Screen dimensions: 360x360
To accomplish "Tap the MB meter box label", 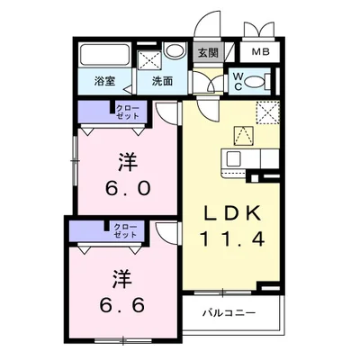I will pyautogui.click(x=259, y=52).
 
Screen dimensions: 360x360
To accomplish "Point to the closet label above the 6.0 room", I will pyautogui.click(x=126, y=112).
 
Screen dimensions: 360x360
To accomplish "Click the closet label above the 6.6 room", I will pyautogui.click(x=124, y=231).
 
